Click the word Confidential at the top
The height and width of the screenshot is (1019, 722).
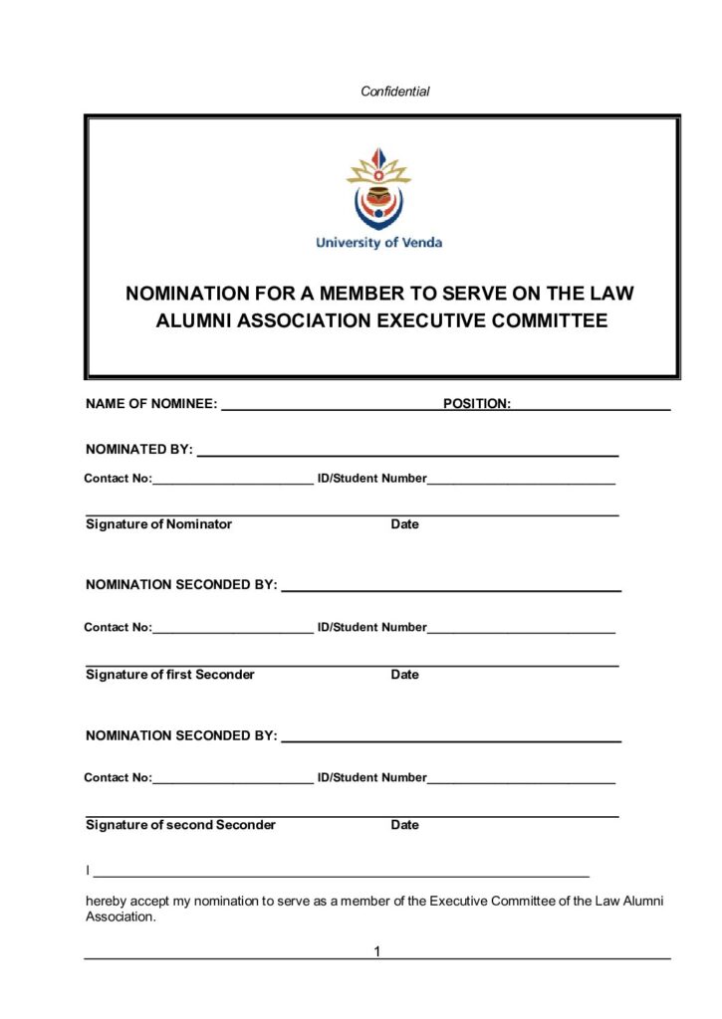(x=394, y=92)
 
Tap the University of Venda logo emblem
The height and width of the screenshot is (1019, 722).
(x=378, y=189)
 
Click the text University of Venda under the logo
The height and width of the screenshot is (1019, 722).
(x=378, y=242)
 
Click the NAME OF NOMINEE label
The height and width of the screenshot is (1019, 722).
(x=151, y=404)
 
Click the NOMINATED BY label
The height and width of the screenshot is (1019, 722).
(x=139, y=449)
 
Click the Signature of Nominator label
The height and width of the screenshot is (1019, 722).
(x=158, y=524)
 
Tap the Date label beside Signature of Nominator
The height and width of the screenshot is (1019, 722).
(x=404, y=524)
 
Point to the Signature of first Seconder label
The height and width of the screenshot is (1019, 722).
(x=169, y=675)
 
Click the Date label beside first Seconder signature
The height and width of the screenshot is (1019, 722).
(x=404, y=675)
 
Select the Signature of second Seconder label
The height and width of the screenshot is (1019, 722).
(x=180, y=825)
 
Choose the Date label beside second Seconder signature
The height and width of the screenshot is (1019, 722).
(x=404, y=825)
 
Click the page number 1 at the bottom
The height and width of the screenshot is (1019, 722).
(x=377, y=952)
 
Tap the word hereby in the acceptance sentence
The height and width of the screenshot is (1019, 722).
(x=107, y=902)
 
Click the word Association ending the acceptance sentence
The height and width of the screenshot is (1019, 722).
(x=120, y=917)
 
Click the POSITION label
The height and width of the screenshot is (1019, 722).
(x=477, y=404)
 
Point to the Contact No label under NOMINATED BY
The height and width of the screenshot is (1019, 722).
(x=118, y=479)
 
